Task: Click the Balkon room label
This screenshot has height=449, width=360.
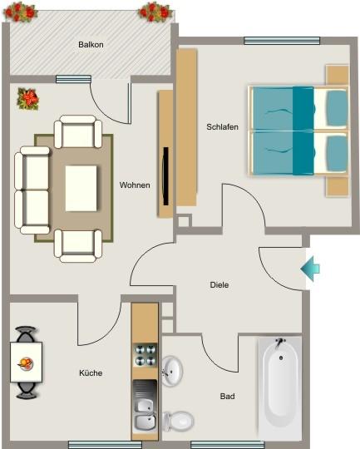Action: [91, 45]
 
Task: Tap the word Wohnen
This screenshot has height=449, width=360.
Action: [135, 185]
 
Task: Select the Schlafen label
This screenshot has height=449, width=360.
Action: [223, 126]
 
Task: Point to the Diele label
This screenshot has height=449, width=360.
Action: [219, 284]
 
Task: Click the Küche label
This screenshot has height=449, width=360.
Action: [91, 373]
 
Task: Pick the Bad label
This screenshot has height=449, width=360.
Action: [227, 396]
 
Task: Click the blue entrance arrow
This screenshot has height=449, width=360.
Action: [309, 268]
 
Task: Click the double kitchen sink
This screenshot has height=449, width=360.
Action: [145, 413]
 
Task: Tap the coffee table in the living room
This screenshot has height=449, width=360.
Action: [81, 188]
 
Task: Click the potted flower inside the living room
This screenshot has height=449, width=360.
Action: [28, 99]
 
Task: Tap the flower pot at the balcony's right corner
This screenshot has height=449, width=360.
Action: [155, 11]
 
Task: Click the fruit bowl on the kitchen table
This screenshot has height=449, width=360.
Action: [27, 363]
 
